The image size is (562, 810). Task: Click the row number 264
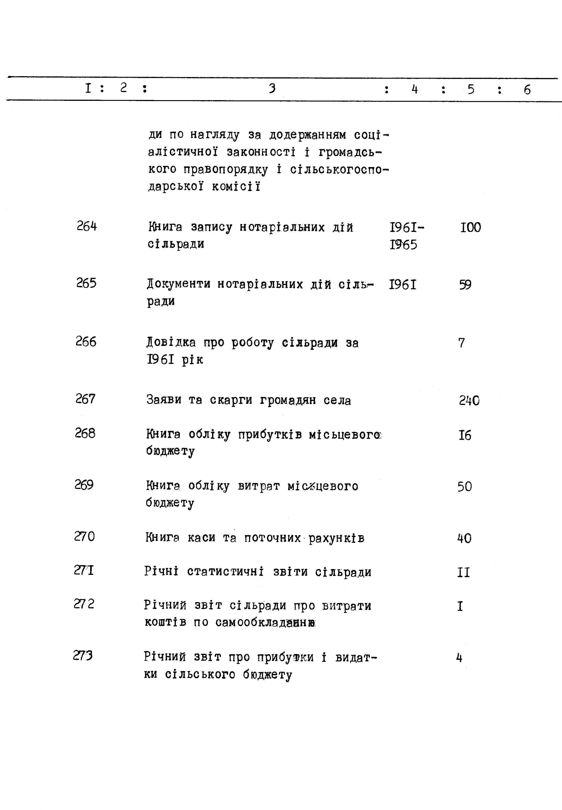pos(87,226)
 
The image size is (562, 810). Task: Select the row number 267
pos(86,399)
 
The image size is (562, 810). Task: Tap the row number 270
pos(84,536)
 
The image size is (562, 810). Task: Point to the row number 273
pos(83,655)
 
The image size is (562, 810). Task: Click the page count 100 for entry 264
pos(470,228)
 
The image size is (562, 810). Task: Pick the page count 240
pos(469,401)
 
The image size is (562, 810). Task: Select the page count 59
pos(465,285)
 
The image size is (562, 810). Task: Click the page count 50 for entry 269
pos(464,486)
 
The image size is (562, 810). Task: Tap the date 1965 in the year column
pos(404,245)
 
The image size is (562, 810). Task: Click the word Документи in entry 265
pos(178,284)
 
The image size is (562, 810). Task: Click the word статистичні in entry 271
pos(225,571)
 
